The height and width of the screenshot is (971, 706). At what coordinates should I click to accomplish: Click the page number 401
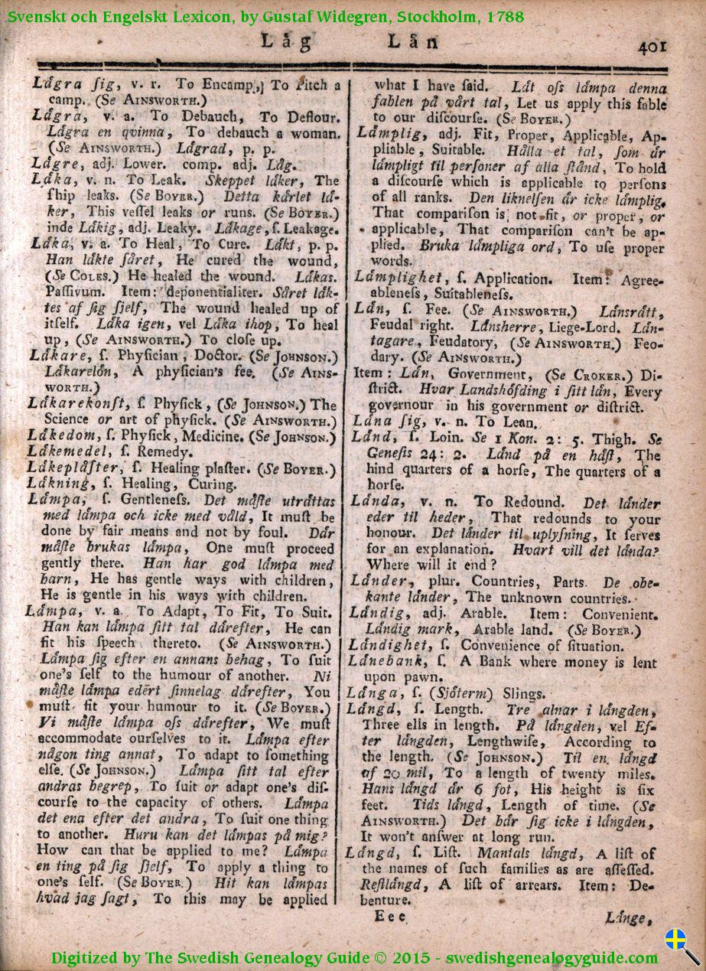(x=652, y=46)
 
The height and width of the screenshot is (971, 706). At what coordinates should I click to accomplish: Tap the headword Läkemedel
(x=66, y=452)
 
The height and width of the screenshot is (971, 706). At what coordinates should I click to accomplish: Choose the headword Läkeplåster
(x=73, y=468)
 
